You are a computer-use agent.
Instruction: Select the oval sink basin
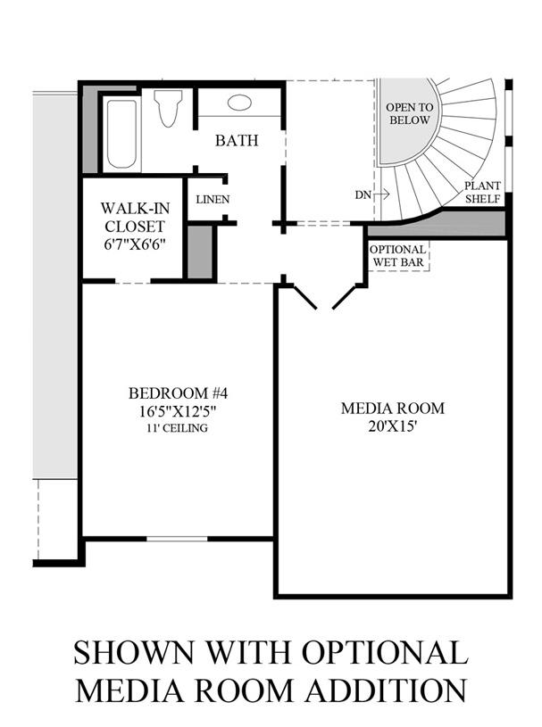click(239, 103)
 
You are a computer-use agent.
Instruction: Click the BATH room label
click(237, 141)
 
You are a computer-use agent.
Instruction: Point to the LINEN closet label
click(212, 200)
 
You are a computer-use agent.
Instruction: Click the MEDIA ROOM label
click(392, 409)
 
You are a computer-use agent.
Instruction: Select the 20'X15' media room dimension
click(392, 427)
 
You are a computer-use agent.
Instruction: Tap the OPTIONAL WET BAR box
click(397, 255)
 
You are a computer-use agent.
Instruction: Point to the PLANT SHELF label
click(482, 193)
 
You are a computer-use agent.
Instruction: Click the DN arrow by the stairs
click(367, 194)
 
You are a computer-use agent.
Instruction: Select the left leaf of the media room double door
click(304, 296)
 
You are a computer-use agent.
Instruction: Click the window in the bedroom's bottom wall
click(177, 538)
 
